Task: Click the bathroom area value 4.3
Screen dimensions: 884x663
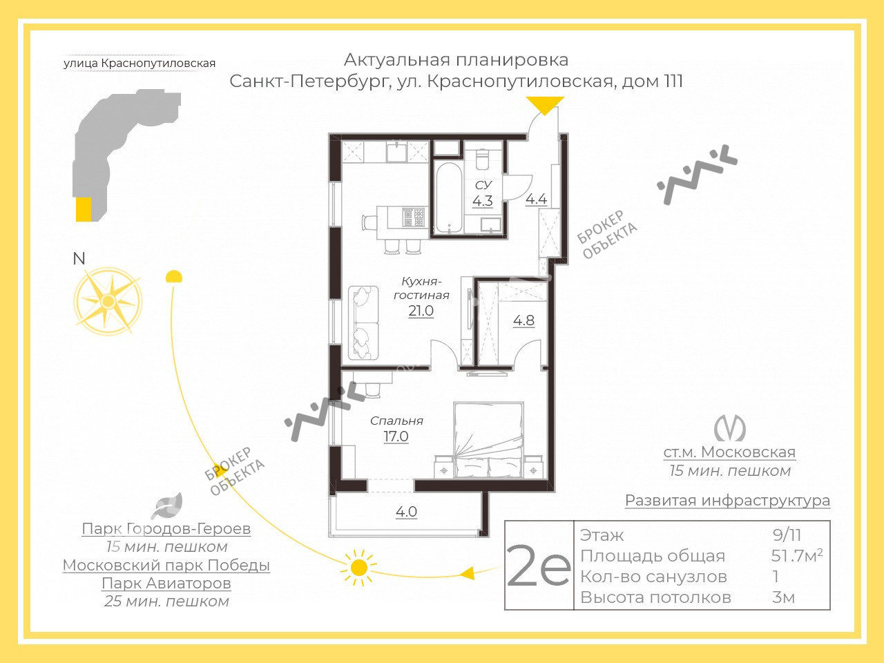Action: (x=483, y=200)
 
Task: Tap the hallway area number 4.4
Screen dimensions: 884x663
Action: (x=537, y=199)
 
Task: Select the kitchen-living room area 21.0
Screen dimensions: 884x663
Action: (x=421, y=311)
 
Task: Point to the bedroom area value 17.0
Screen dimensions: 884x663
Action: (x=396, y=436)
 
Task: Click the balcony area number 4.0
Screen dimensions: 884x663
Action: (x=406, y=512)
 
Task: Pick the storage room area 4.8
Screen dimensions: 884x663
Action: (x=523, y=320)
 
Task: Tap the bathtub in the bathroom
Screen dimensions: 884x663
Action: (x=449, y=198)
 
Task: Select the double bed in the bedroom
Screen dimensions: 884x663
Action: (x=488, y=440)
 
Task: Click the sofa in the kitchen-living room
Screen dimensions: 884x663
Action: (x=363, y=323)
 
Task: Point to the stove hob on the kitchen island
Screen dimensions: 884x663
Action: (x=414, y=218)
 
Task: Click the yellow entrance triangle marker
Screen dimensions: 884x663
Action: (x=545, y=106)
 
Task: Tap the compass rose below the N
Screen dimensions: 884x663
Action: (x=108, y=301)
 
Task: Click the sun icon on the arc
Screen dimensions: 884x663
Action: (x=358, y=568)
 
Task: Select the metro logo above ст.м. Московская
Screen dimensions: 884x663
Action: (x=729, y=428)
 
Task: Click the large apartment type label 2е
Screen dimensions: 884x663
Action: (x=539, y=566)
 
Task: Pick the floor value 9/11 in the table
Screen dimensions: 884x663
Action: (x=787, y=535)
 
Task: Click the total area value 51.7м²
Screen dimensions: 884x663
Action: (x=797, y=555)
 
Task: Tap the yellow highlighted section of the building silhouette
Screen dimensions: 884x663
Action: (x=84, y=209)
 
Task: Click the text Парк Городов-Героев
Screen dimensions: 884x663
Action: (x=166, y=528)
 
